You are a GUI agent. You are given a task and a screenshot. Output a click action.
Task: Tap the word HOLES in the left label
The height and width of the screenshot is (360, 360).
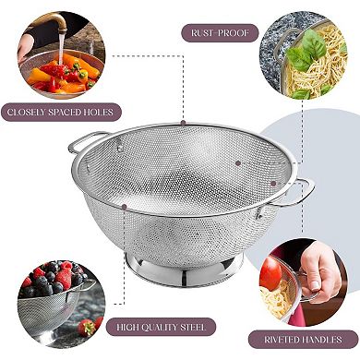click(x=102, y=113)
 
